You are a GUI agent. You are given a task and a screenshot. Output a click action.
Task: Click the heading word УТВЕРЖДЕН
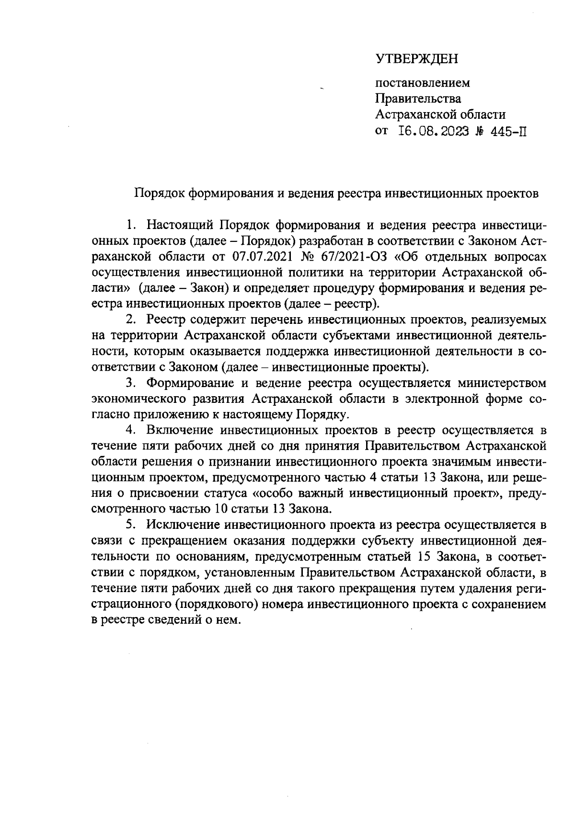point(417,59)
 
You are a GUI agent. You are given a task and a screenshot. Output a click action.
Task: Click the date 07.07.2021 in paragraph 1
point(266,256)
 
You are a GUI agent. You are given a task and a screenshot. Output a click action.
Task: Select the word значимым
point(464,461)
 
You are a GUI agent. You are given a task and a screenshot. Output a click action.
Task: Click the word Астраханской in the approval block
point(416,115)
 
